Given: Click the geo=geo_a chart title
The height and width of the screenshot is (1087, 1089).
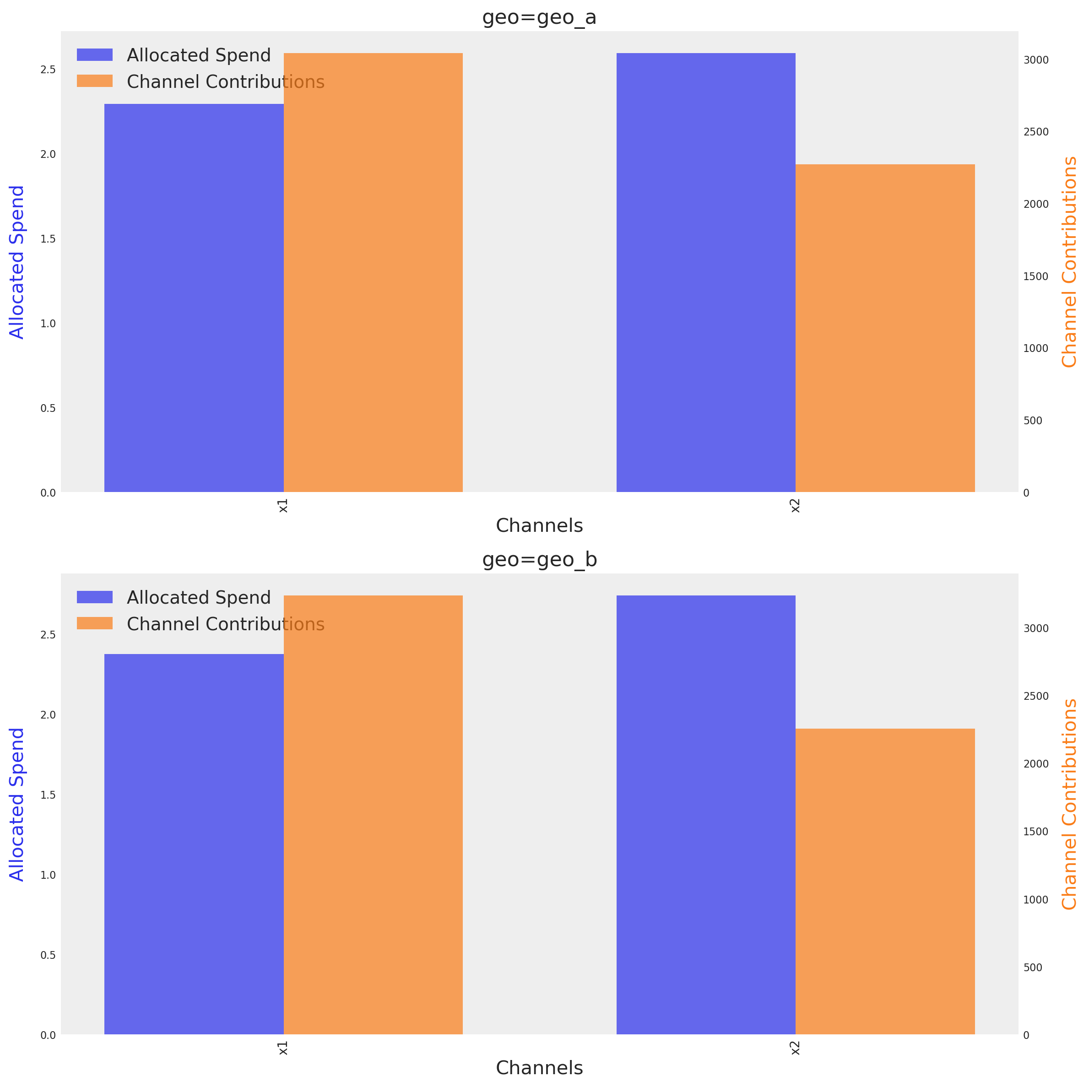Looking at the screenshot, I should point(539,17).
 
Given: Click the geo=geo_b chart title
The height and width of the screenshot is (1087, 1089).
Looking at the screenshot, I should point(539,560).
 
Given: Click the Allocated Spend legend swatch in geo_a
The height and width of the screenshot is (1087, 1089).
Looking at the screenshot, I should point(95,54).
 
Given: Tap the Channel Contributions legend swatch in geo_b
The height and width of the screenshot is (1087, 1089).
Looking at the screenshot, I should point(95,623).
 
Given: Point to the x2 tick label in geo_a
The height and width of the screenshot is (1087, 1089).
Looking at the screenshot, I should point(795,505).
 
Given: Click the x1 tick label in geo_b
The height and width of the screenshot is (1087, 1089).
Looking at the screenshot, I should point(283,1048).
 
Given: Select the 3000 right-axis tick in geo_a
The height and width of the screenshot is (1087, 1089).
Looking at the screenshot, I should point(1036,60).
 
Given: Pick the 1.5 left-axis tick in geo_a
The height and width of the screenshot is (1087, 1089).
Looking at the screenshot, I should point(48,239).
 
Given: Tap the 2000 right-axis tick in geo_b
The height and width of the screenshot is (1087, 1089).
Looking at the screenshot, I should point(1036,763).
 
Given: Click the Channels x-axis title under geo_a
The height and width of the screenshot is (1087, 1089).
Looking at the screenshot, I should point(539,525).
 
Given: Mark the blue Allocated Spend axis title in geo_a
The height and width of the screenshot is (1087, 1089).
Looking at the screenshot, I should point(17,262).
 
